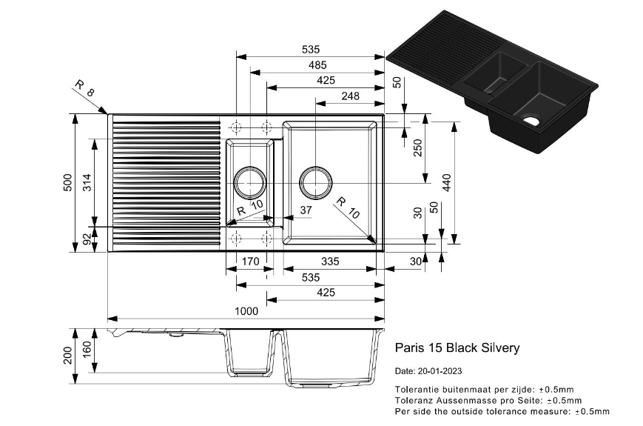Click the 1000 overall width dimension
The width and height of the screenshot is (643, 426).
[246, 312]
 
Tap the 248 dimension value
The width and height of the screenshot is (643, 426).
[351, 96]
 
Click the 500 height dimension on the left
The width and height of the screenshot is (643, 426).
[67, 182]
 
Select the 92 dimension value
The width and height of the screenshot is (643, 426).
[87, 239]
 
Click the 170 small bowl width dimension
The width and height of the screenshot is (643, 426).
[251, 261]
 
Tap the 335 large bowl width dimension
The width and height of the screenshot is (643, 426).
[330, 261]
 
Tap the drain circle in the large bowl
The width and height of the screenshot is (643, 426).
[316, 180]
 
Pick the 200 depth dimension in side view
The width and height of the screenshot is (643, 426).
[67, 356]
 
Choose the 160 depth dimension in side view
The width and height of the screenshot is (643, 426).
[87, 349]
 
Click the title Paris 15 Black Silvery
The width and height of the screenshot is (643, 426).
[457, 347]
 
